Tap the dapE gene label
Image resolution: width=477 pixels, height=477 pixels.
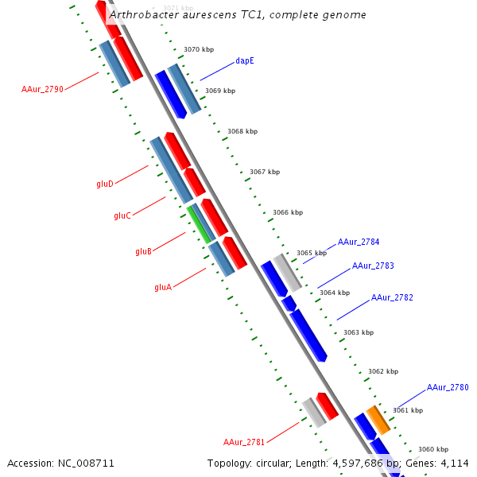[x=245, y=60]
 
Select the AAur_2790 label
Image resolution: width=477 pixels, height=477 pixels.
[x=42, y=89]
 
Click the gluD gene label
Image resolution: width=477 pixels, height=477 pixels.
[x=105, y=184]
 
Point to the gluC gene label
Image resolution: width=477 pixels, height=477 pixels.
[x=122, y=215]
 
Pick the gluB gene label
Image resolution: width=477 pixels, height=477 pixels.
[x=143, y=251]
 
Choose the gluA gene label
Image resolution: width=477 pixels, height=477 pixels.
[x=163, y=287]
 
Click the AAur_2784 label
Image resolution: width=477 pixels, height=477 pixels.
[x=359, y=242]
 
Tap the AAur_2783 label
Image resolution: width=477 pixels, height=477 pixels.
[x=373, y=266]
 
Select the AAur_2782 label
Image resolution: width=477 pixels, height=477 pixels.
[x=392, y=297]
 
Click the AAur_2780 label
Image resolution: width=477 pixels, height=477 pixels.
[x=448, y=387]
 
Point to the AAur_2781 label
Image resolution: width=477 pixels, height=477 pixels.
[x=244, y=442]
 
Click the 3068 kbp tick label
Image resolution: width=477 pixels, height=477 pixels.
[x=242, y=131]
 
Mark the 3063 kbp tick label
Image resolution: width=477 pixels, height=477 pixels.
[x=358, y=332]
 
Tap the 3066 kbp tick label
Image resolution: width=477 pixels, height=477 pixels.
[x=288, y=212]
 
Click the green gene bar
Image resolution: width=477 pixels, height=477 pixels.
[x=200, y=223]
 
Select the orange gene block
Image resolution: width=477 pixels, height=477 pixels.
[x=378, y=420]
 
